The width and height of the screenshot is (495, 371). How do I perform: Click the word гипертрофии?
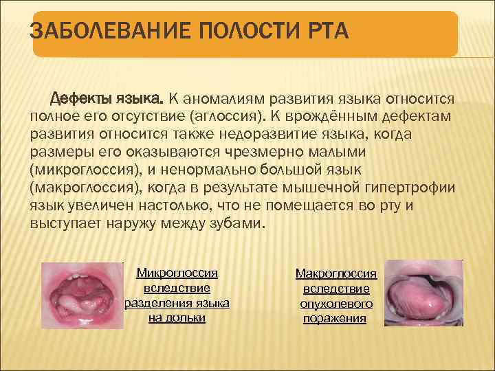(421, 188)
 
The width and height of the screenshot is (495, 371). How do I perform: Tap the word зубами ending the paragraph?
(234, 223)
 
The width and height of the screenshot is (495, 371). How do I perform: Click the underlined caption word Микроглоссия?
(177, 273)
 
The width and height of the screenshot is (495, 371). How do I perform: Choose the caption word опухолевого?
(336, 304)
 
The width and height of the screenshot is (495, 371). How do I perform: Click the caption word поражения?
(336, 319)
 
